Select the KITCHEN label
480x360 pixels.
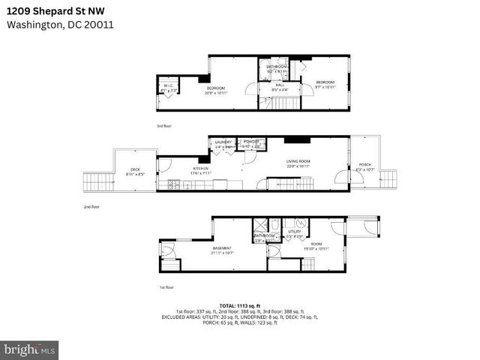200,168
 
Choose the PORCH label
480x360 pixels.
364,165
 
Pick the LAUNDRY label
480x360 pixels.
223,142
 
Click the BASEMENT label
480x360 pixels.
221,247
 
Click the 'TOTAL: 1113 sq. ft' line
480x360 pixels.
240,305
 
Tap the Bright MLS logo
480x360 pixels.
30,349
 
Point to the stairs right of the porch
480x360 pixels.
388,178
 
